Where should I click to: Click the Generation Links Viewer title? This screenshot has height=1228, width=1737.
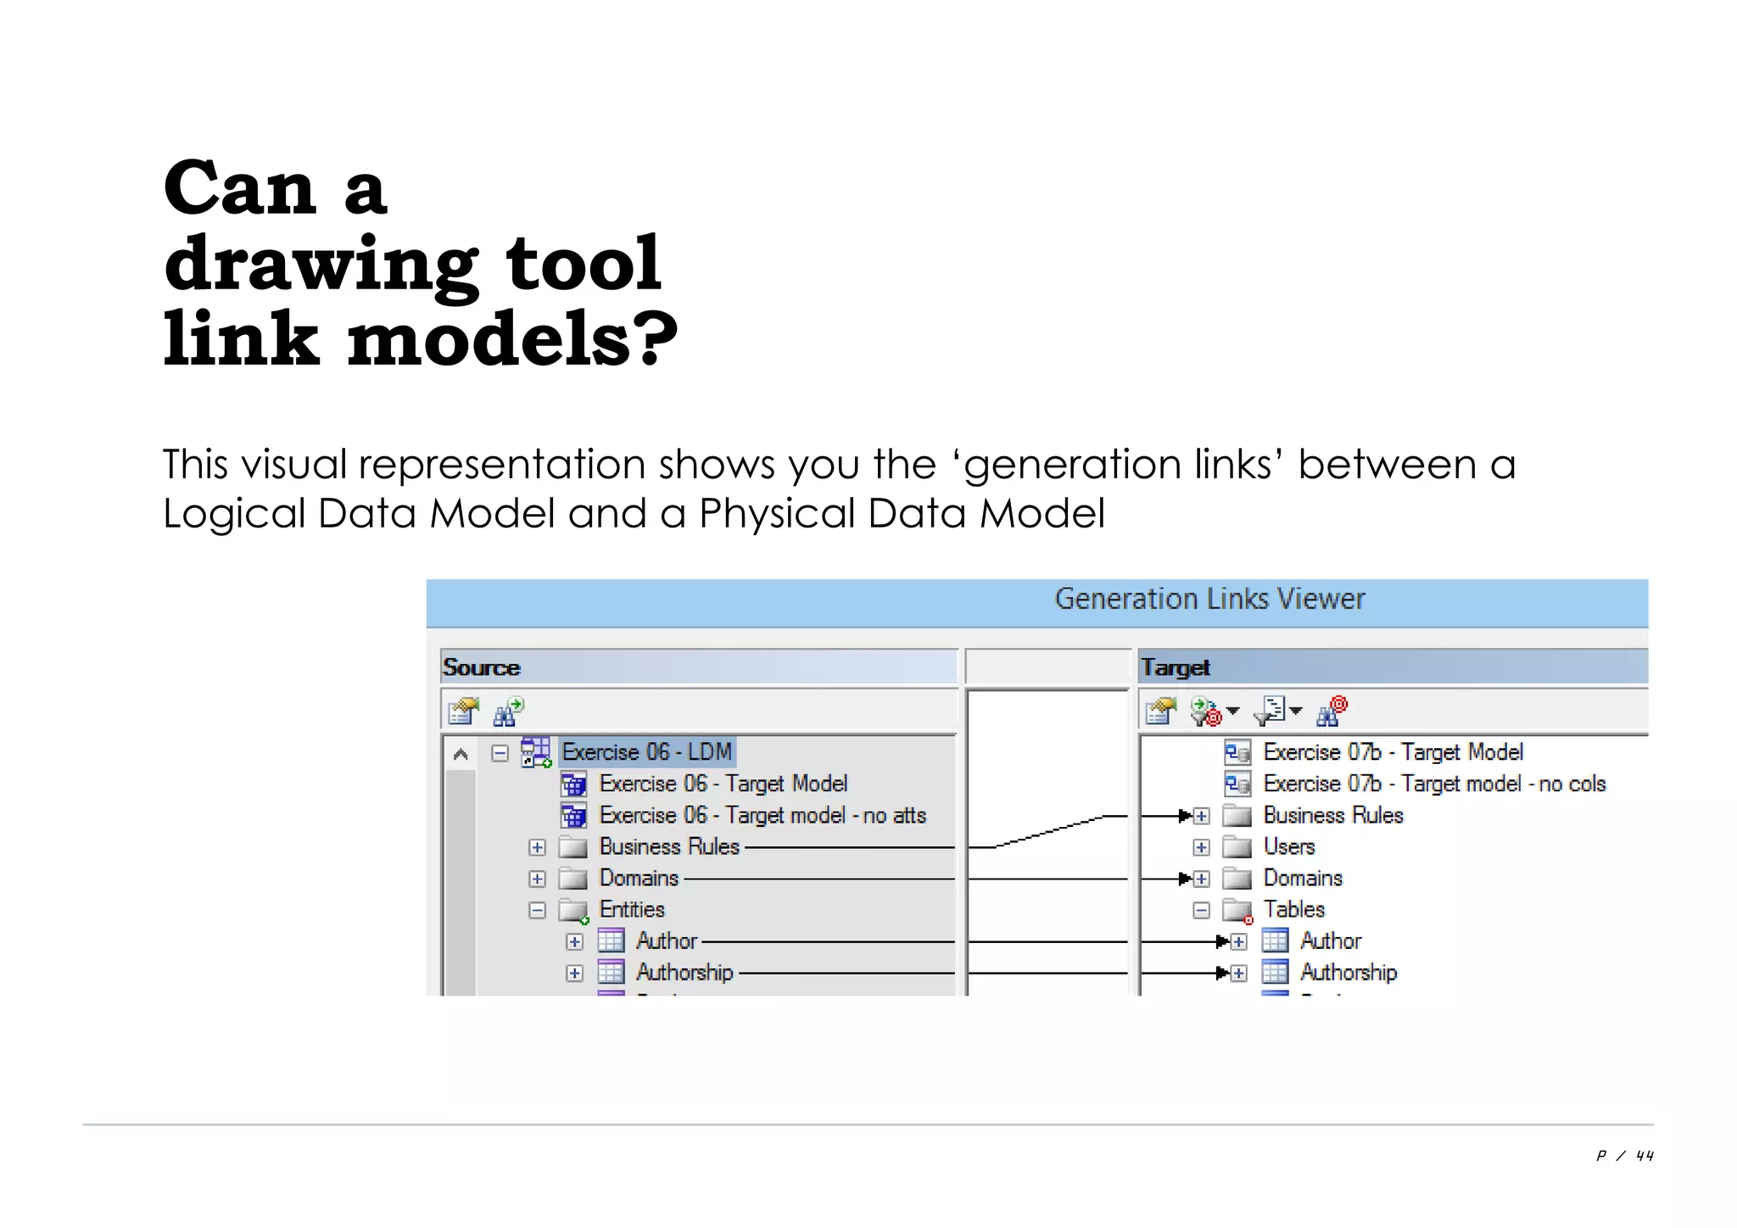1209,599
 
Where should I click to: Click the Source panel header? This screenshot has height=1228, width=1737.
481,667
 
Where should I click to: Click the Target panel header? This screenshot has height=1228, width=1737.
1175,667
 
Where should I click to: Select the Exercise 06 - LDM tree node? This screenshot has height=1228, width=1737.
646,752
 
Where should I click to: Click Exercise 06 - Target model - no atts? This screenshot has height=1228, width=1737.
762,815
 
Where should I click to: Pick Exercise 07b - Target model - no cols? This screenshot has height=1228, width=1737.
1433,784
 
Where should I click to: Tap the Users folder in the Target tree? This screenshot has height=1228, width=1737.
1288,846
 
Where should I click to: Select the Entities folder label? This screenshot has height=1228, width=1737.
632,909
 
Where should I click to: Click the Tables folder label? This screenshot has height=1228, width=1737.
1293,909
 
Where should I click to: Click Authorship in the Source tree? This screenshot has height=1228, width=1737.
684,972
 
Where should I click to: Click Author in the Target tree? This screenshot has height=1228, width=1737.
1330,941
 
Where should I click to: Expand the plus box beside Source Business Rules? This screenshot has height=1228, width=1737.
537,847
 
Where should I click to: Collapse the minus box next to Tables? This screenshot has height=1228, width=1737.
1201,910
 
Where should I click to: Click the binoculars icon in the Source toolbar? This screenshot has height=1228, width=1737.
508,711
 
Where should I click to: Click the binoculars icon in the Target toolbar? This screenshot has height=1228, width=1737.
1331,711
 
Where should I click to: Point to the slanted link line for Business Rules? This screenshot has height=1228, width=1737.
1049,831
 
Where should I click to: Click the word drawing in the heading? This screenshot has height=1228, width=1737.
321,265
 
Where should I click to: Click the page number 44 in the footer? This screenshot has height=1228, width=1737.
1645,1155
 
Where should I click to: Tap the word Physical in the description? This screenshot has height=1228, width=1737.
777,513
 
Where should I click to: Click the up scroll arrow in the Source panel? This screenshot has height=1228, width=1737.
461,754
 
